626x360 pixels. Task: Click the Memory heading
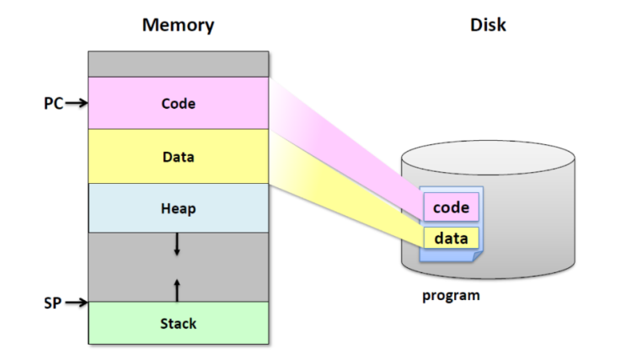click(178, 24)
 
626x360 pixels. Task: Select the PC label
click(53, 104)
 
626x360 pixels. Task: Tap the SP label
click(53, 302)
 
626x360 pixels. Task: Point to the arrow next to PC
click(77, 104)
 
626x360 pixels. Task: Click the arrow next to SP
click(77, 302)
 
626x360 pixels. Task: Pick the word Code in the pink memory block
click(178, 105)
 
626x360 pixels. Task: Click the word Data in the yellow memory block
click(178, 157)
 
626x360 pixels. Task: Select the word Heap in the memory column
click(178, 208)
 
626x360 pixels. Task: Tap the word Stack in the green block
click(178, 324)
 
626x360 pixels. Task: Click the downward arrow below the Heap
click(177, 244)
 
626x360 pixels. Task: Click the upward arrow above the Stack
click(177, 289)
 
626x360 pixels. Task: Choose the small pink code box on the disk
click(451, 207)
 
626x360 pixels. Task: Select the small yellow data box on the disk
click(451, 238)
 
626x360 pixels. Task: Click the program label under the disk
click(451, 296)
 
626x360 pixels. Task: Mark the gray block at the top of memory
click(178, 64)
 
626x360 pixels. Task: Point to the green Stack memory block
click(126, 324)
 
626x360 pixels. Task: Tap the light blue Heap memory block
click(126, 208)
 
